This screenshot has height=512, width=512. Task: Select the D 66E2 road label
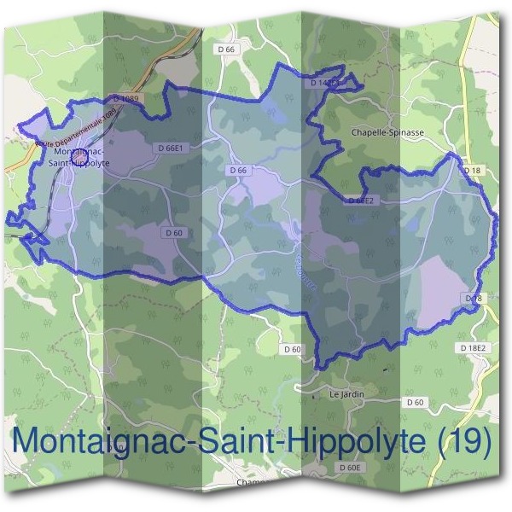click(361, 201)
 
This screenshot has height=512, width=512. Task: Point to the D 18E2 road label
click(472, 348)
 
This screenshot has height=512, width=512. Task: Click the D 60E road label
click(351, 468)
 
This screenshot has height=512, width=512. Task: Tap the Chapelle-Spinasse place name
click(387, 133)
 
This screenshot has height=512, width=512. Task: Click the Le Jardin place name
click(346, 394)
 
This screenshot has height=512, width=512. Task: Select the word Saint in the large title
click(227, 441)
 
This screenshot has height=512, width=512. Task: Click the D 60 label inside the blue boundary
click(173, 232)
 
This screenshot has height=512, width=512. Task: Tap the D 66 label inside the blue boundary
click(239, 171)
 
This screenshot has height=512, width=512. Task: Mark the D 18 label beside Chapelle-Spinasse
click(473, 171)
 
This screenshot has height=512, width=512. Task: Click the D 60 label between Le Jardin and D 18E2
click(416, 402)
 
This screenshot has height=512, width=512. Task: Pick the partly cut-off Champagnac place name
click(253, 482)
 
